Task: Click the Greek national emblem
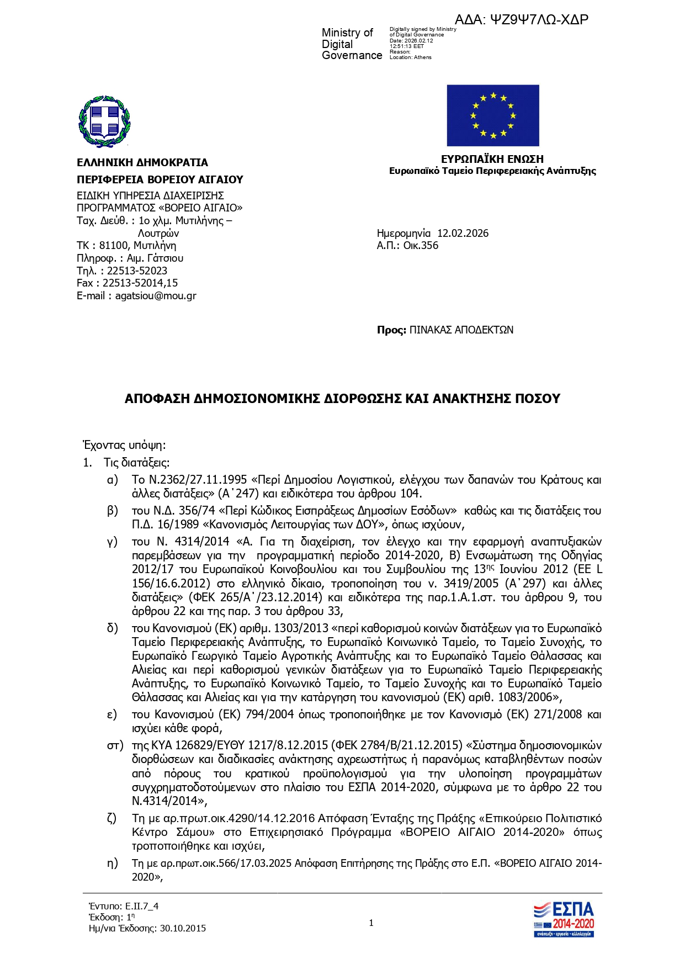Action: [105, 121]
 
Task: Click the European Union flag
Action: [492, 115]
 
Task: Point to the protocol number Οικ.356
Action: [421, 246]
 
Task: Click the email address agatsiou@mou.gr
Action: [156, 296]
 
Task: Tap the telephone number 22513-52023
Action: [137, 271]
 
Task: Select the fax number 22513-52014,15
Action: [140, 283]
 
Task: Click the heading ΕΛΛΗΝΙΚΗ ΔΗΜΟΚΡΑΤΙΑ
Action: [142, 162]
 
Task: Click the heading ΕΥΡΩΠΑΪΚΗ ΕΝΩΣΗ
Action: [492, 159]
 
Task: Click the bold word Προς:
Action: [391, 330]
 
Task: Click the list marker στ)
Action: [115, 746]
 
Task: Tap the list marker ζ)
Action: [112, 818]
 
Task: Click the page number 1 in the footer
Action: [371, 923]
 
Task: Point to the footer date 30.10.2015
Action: [183, 928]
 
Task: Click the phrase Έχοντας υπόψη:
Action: [124, 445]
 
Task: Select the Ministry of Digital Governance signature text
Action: [352, 44]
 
